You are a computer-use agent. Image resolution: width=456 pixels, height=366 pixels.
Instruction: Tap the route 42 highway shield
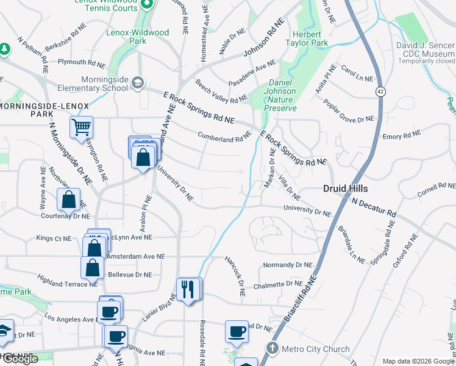380,91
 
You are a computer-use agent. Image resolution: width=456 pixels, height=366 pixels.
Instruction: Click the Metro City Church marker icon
272,349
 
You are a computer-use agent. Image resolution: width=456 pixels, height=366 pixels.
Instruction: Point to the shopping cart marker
81,128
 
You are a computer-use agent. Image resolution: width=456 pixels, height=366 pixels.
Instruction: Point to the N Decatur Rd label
374,208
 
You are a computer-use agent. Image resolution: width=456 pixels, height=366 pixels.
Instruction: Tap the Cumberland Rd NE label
224,137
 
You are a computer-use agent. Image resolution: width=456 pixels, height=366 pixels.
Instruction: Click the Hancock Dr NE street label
233,276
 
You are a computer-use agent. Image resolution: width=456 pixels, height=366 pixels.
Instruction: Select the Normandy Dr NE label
287,265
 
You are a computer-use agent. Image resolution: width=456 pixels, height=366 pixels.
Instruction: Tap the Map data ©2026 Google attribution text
418,361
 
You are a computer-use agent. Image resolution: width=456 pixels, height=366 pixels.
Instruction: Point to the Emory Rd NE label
402,134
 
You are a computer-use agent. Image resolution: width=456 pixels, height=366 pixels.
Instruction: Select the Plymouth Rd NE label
81,62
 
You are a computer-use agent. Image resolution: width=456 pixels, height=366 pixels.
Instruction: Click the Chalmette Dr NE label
277,285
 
